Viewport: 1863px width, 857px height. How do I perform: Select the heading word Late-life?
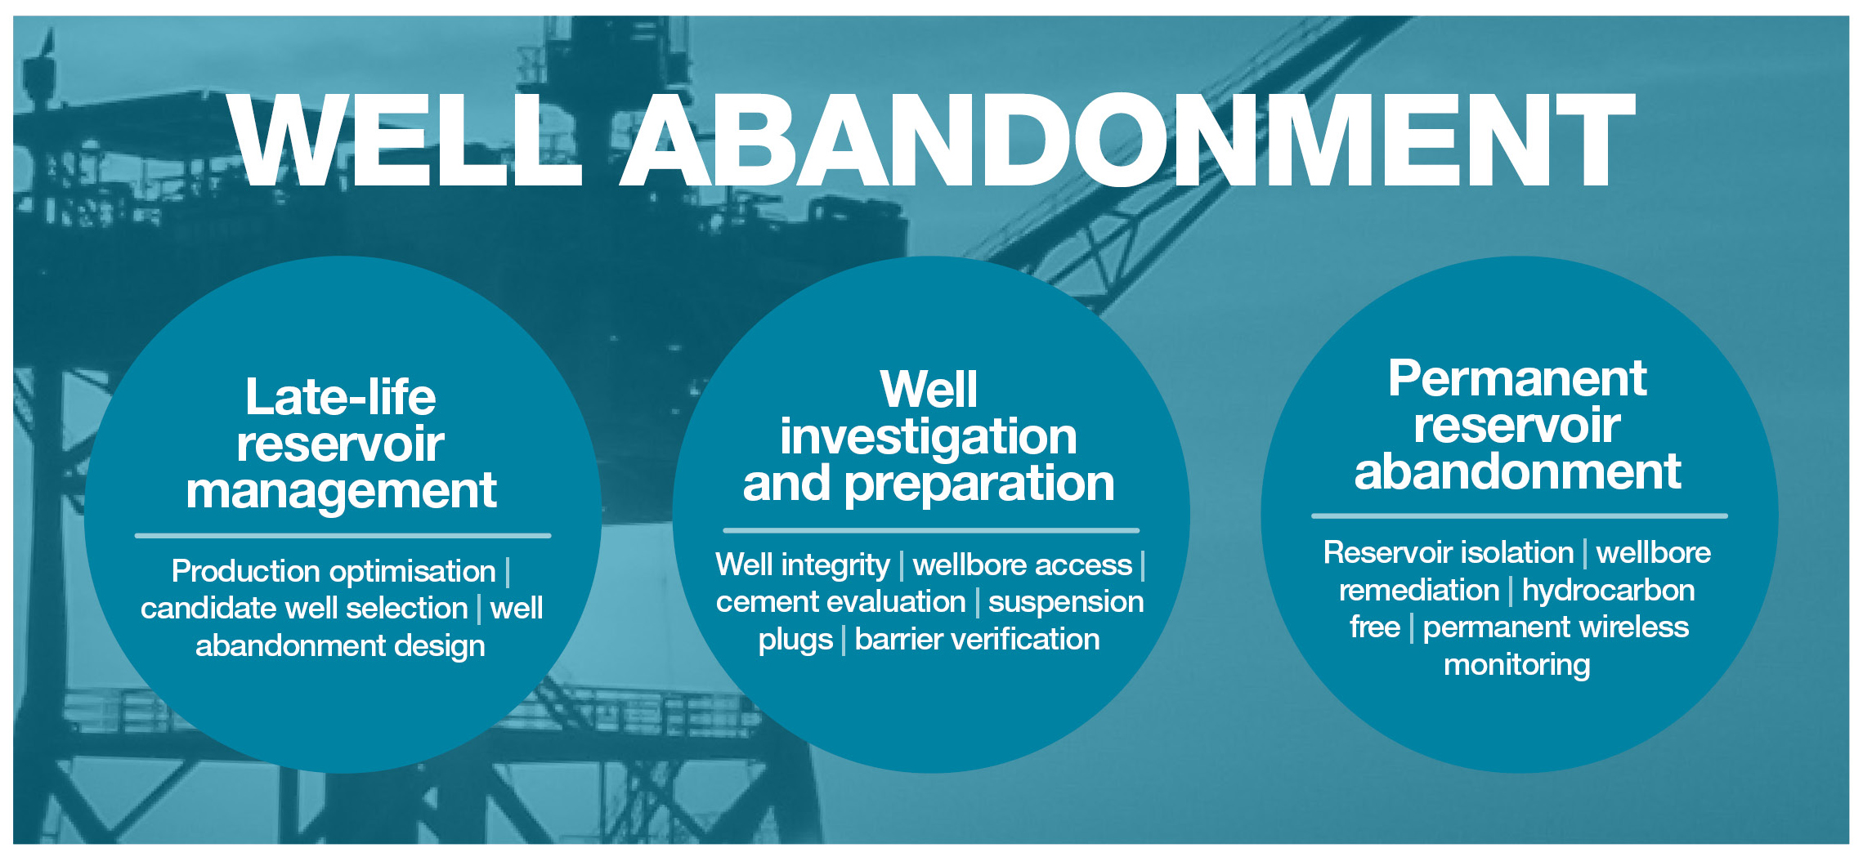[x=341, y=397]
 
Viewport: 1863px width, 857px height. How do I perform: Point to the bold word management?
[x=341, y=492]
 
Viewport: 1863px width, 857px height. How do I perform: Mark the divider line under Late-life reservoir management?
[x=343, y=536]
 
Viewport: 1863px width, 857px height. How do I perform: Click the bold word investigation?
[x=929, y=437]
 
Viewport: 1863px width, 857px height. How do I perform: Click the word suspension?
[x=1066, y=602]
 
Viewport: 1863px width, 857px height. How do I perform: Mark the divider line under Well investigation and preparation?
[x=931, y=530]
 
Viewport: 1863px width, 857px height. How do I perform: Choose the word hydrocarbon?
[x=1608, y=590]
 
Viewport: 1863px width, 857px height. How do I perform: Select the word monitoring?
[x=1517, y=665]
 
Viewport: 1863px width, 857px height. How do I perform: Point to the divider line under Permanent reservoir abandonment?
[x=1520, y=516]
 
